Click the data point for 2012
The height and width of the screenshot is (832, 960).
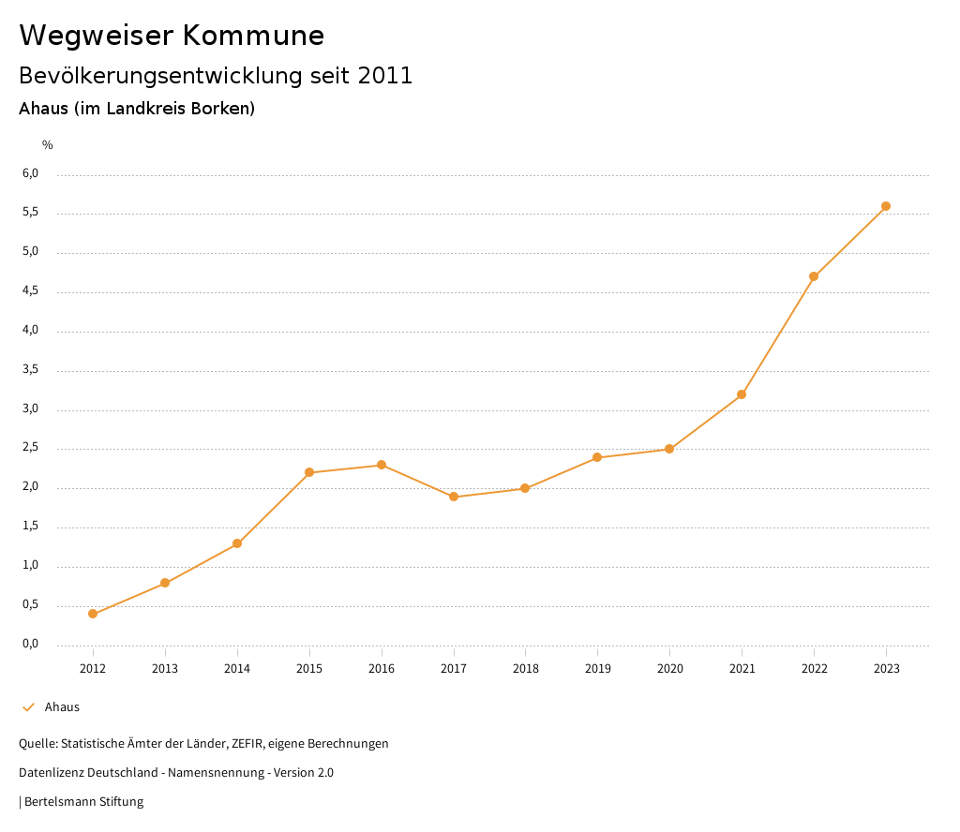click(x=93, y=614)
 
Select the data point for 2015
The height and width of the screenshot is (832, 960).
click(x=309, y=472)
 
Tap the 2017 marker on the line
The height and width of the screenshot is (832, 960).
click(x=454, y=497)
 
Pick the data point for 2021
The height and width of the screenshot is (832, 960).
click(x=742, y=394)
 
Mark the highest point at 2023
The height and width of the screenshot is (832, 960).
click(x=886, y=206)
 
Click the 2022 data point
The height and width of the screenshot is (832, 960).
click(x=814, y=276)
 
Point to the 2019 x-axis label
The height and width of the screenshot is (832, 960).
click(x=597, y=668)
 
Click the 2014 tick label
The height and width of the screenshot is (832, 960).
click(x=237, y=668)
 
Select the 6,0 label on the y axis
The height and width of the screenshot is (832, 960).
click(x=30, y=173)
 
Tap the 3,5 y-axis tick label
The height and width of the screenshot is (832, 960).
click(x=30, y=369)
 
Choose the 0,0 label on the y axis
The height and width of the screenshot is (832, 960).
click(x=30, y=644)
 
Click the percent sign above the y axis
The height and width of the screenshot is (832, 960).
click(x=48, y=144)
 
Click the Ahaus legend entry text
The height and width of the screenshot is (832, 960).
click(x=62, y=707)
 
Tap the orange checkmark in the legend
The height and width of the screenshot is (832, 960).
click(x=28, y=707)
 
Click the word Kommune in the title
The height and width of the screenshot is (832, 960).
click(x=253, y=36)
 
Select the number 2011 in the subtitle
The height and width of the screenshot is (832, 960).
click(x=385, y=76)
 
